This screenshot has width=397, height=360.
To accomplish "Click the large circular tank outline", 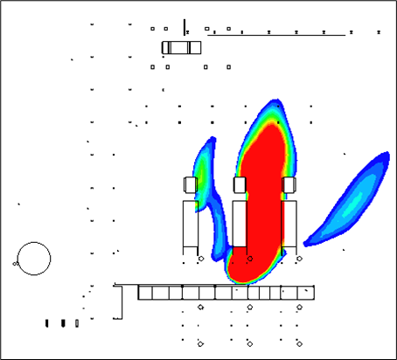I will [33, 259].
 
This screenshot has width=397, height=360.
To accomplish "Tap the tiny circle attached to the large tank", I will [17, 262].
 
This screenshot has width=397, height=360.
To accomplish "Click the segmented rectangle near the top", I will [182, 47].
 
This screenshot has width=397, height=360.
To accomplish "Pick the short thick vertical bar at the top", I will [185, 26].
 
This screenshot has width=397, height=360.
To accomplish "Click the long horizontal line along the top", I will [280, 36].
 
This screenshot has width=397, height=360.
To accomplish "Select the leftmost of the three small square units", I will [191, 184].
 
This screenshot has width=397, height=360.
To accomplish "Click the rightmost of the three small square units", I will [289, 184].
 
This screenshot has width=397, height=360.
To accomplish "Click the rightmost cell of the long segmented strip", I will [305, 293].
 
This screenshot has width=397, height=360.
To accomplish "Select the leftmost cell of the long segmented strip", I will [146, 293].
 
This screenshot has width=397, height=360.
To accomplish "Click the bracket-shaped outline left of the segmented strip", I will [120, 301].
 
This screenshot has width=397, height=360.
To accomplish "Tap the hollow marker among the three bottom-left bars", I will [77, 323].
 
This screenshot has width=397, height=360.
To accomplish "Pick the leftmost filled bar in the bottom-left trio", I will [46, 323].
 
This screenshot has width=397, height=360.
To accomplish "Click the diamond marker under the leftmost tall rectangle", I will [200, 260].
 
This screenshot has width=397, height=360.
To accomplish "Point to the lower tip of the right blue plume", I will [307, 243].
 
